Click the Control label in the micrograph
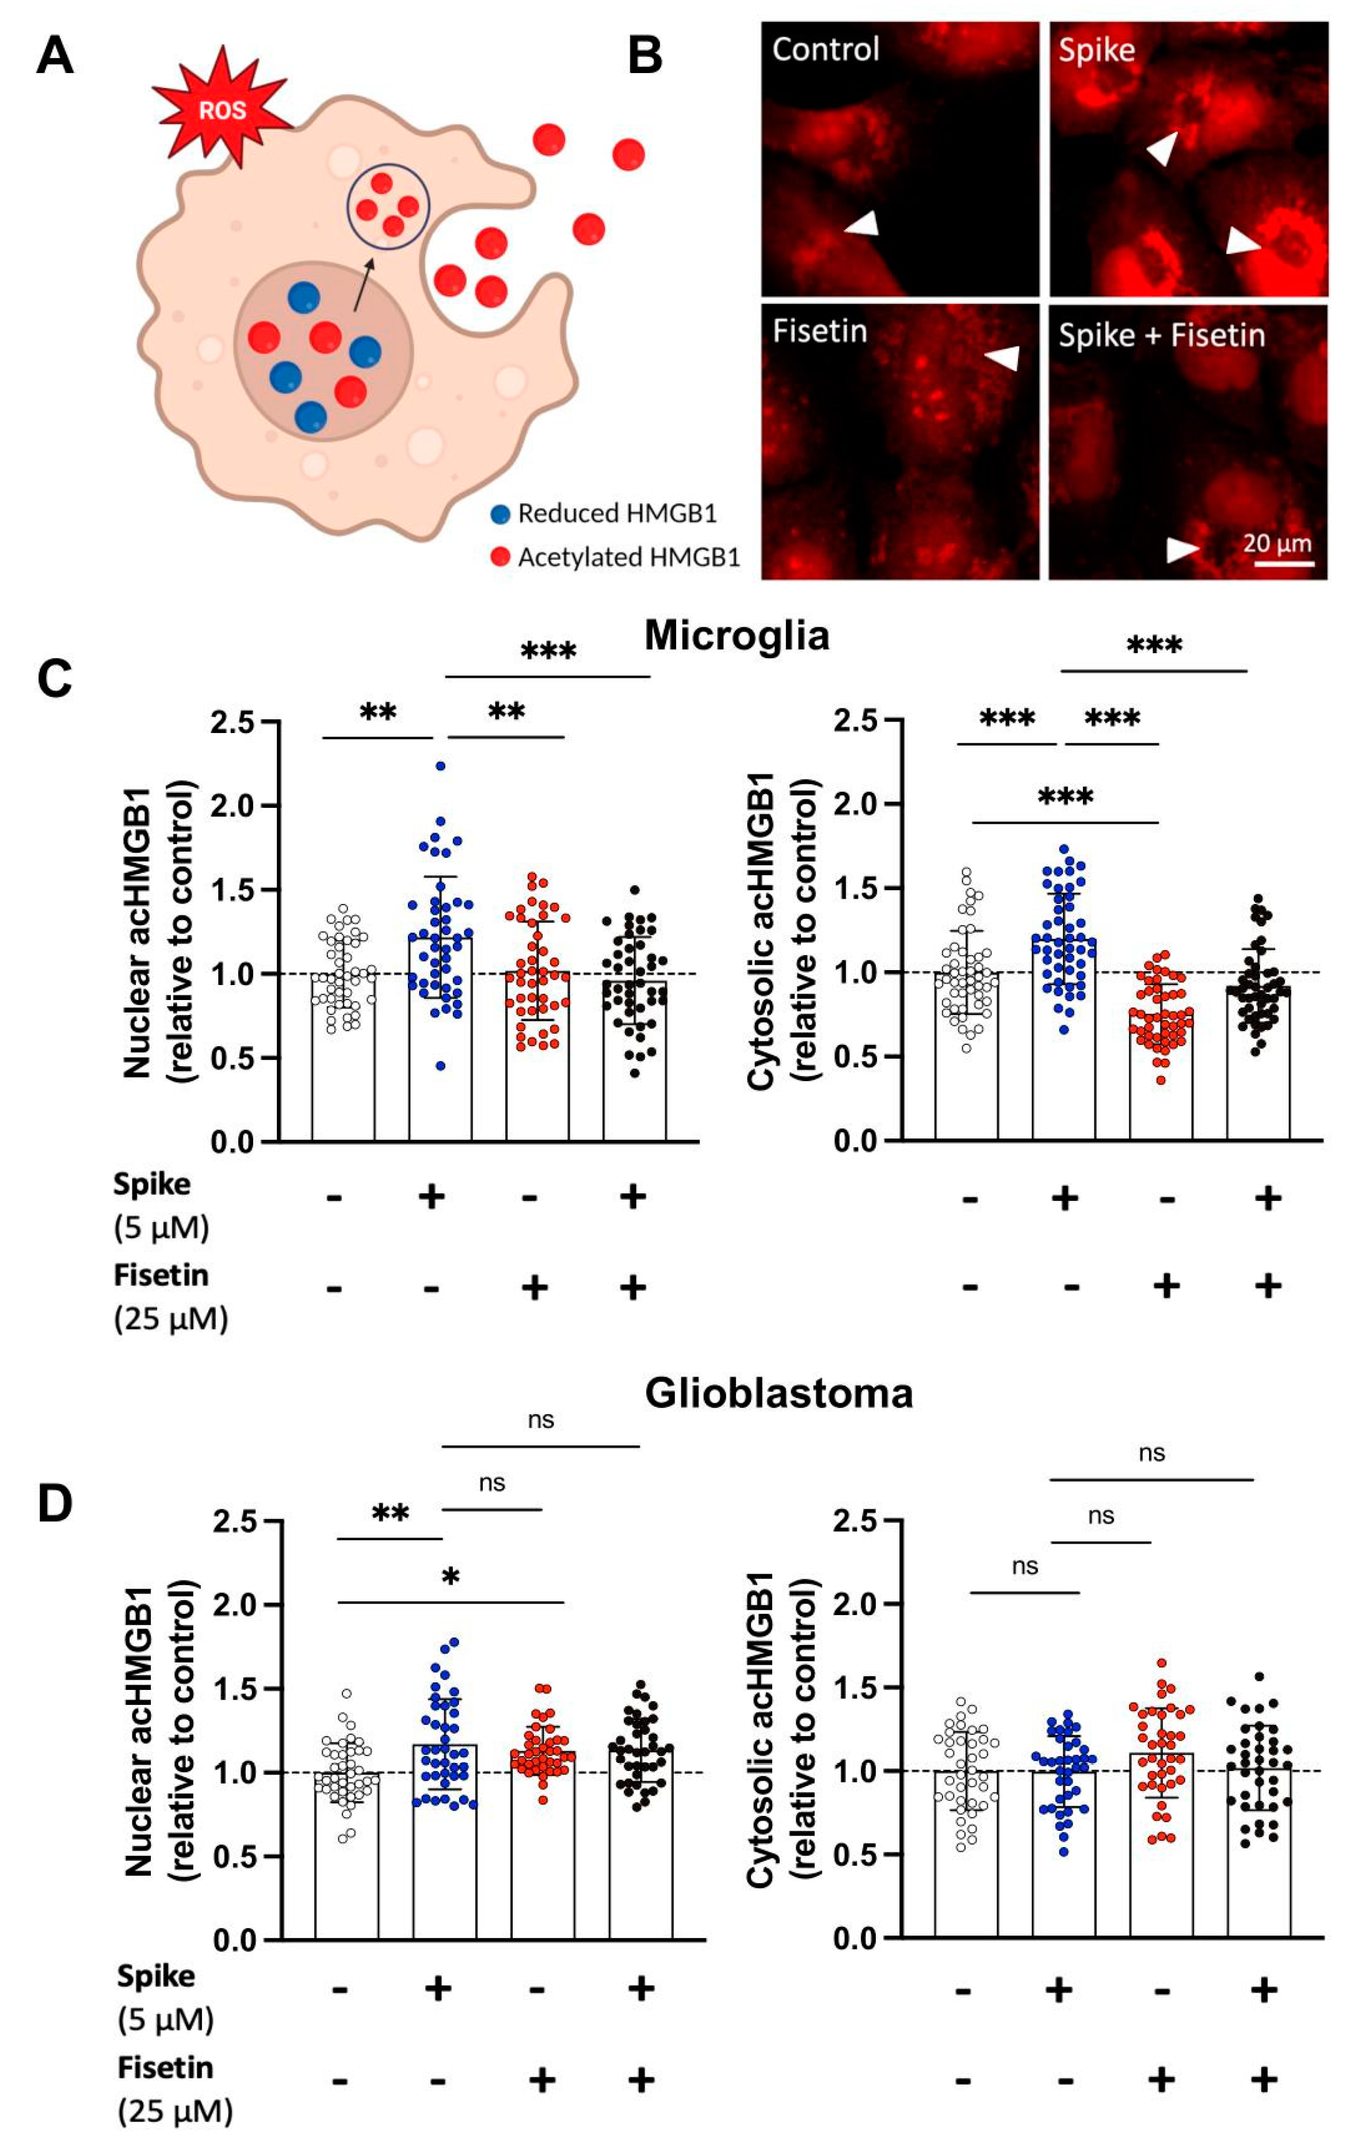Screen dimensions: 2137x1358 click(826, 49)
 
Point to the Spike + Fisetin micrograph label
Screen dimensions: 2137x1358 click(1161, 335)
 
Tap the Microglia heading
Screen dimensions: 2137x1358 click(737, 635)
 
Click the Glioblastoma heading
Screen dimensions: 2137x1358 click(779, 1394)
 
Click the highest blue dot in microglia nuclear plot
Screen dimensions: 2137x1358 click(440, 766)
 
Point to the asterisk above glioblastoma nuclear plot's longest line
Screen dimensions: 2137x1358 click(451, 1577)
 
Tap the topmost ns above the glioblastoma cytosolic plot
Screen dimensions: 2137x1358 click(1151, 1453)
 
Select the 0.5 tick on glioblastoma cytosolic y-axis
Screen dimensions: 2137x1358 click(854, 1855)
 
